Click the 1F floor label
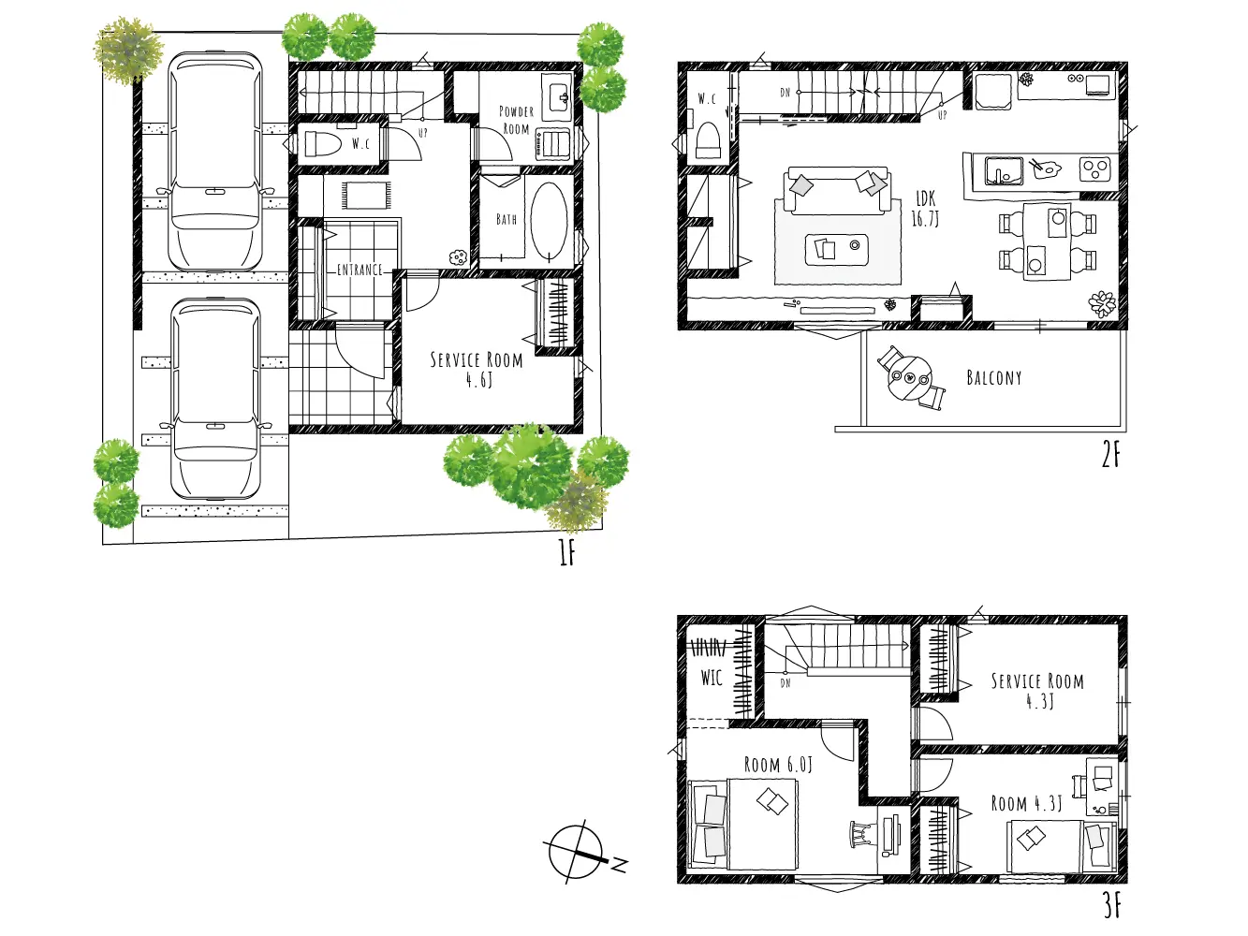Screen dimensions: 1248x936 [x=566, y=553]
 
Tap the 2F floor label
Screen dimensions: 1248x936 [x=1110, y=455]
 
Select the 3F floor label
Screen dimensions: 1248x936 [x=1112, y=905]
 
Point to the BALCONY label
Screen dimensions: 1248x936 [x=994, y=378]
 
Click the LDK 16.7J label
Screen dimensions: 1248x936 [x=926, y=208]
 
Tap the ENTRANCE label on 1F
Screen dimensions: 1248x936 [x=360, y=270]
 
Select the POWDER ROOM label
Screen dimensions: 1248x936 [x=516, y=120]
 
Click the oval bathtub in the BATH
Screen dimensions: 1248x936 [x=549, y=219]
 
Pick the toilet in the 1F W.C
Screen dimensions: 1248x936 [x=322, y=144]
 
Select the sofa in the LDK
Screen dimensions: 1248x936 [x=835, y=190]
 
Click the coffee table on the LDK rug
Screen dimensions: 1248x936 [x=836, y=250]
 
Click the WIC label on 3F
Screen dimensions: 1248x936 [x=712, y=678]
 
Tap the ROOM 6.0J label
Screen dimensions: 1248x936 [x=778, y=765]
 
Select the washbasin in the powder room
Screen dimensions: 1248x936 [x=557, y=96]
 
